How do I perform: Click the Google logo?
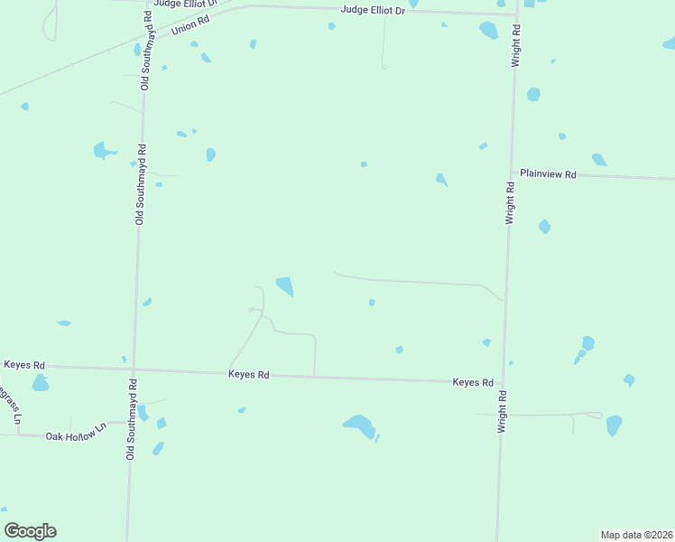pyautogui.click(x=30, y=531)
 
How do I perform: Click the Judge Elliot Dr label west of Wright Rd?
pyautogui.click(x=373, y=10)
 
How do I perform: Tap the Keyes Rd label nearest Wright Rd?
pyautogui.click(x=473, y=383)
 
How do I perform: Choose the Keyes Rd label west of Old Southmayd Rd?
pyautogui.click(x=24, y=365)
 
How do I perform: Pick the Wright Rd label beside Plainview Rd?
pyautogui.click(x=510, y=203)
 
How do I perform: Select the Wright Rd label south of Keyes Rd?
pyautogui.click(x=502, y=411)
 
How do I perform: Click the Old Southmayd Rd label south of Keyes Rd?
pyautogui.click(x=132, y=420)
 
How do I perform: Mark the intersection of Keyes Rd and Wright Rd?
pyautogui.click(x=504, y=383)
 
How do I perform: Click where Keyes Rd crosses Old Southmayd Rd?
pyautogui.click(x=134, y=369)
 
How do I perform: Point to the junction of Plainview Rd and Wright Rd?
pyautogui.click(x=513, y=172)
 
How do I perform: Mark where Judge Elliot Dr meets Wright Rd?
pyautogui.click(x=517, y=14)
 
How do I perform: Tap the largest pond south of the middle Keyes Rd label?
pyautogui.click(x=359, y=425)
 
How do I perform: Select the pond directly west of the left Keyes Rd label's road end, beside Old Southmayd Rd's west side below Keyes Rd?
pyautogui.click(x=40, y=383)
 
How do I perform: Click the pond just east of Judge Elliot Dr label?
pyautogui.click(x=412, y=4)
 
